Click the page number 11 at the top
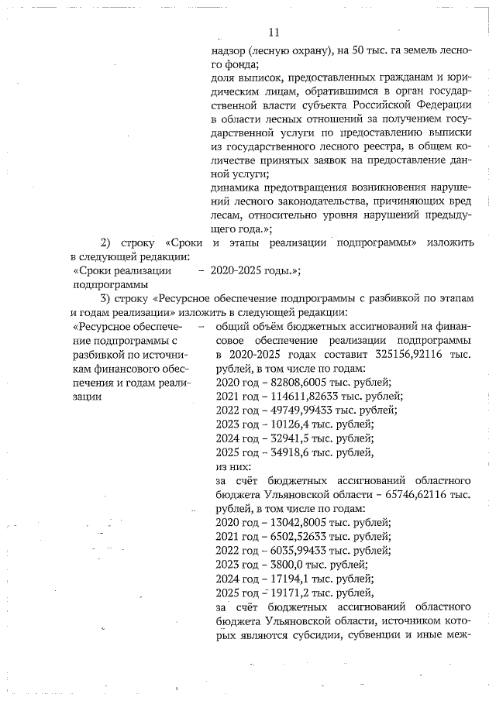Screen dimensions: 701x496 click(273, 33)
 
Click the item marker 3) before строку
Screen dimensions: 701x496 click(106, 298)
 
